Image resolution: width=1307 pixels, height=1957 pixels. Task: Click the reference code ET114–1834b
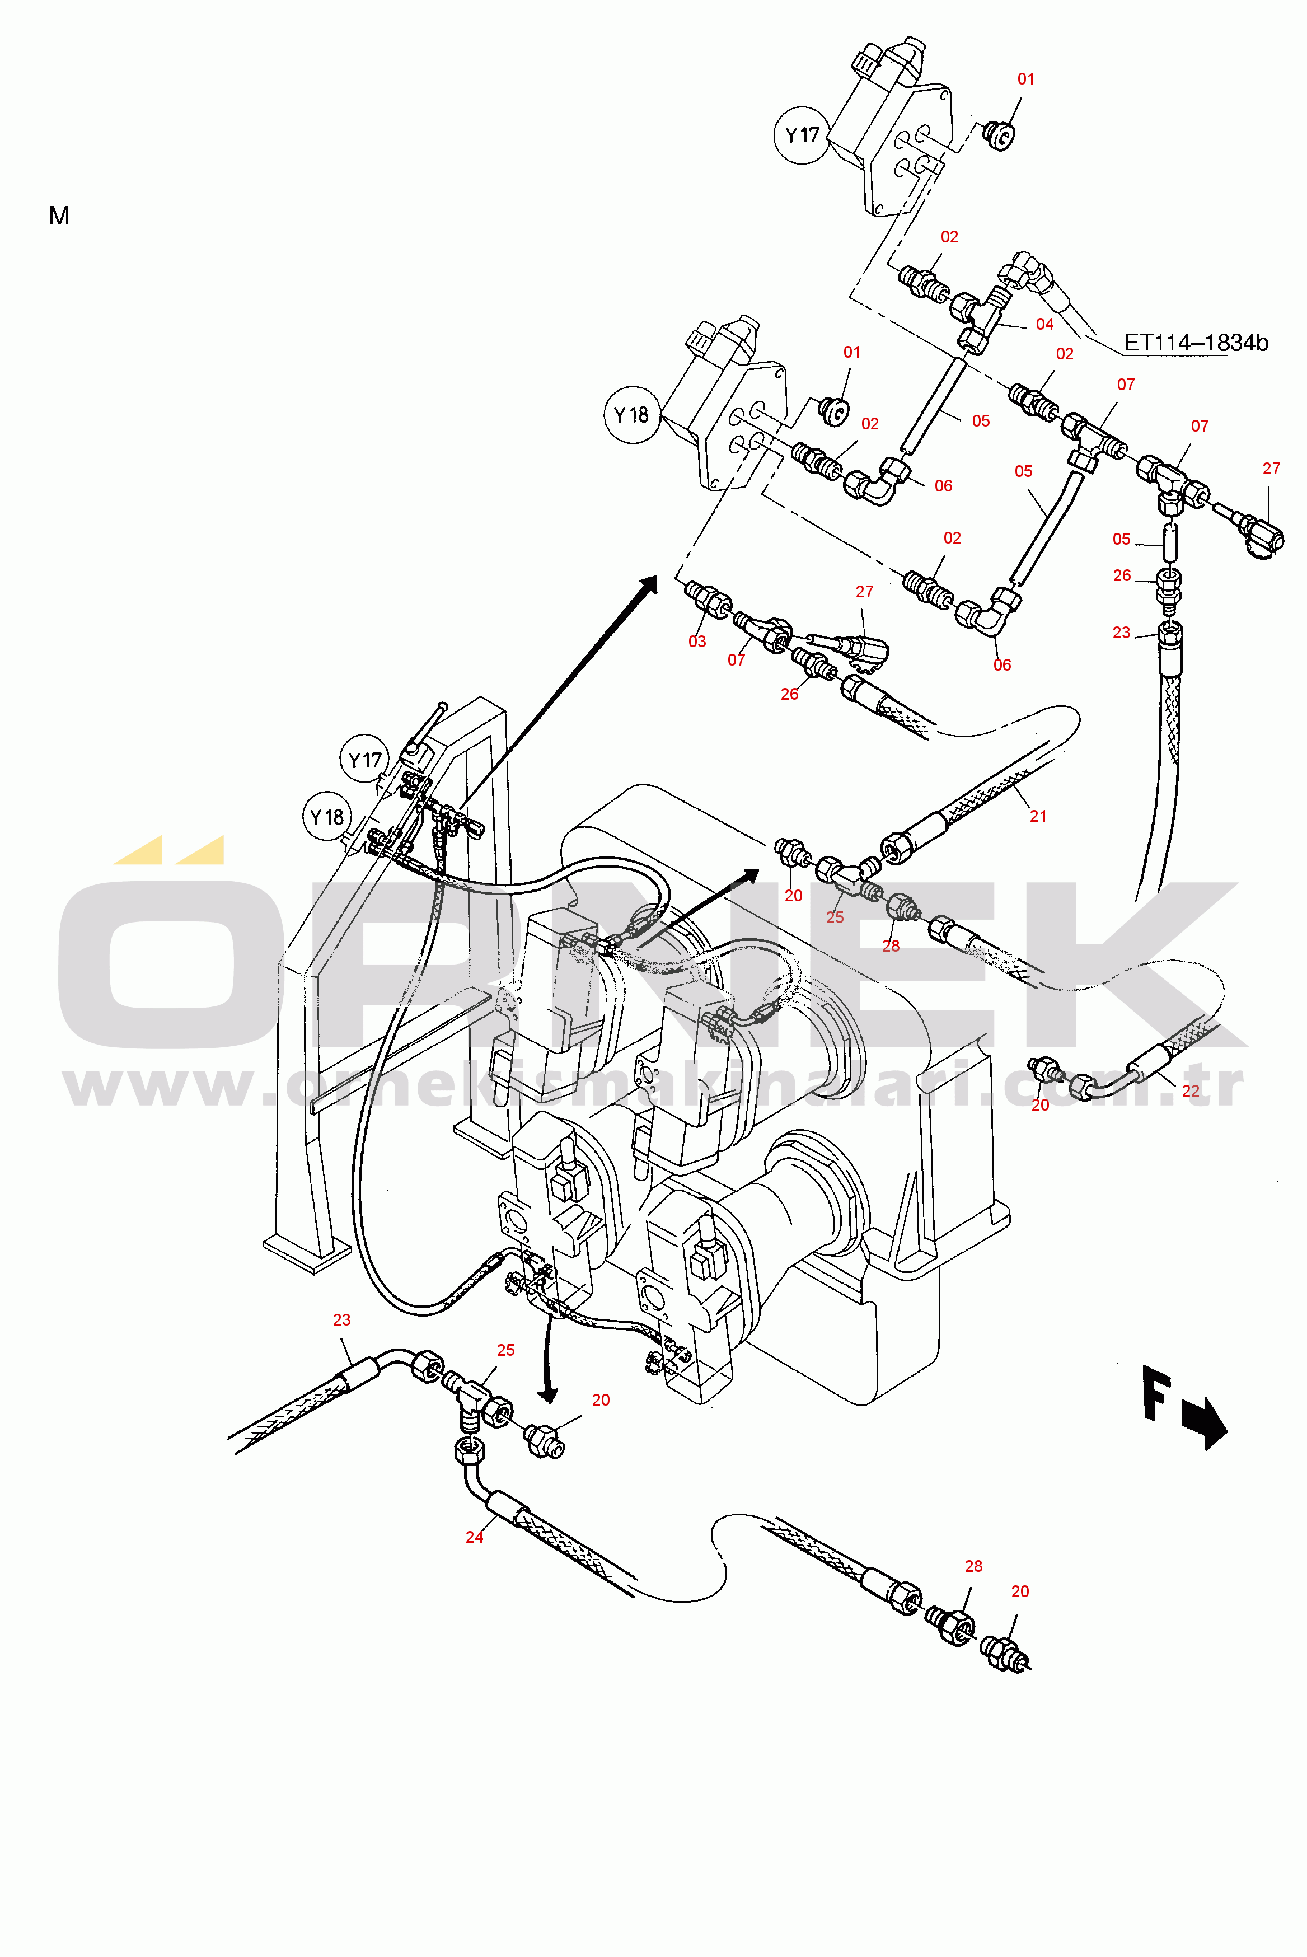(x=1196, y=343)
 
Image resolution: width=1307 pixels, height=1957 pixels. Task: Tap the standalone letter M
(x=59, y=216)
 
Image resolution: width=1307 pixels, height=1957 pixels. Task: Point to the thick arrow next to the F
(x=1205, y=1424)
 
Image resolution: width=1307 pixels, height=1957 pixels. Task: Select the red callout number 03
(x=697, y=641)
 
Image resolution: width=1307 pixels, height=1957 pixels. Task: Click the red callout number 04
(x=1044, y=324)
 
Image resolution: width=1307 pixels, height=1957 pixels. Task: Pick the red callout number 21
(x=1038, y=816)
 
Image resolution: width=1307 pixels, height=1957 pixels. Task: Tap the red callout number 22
(x=1191, y=1090)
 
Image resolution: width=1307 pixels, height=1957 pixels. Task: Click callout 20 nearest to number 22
(x=1040, y=1104)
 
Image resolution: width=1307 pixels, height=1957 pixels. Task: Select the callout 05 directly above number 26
(x=1121, y=539)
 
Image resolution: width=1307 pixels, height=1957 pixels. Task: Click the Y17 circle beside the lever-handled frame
(x=364, y=759)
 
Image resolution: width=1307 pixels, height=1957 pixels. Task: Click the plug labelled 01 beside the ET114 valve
(x=999, y=133)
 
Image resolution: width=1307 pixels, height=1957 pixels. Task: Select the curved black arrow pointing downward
(x=547, y=1359)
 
